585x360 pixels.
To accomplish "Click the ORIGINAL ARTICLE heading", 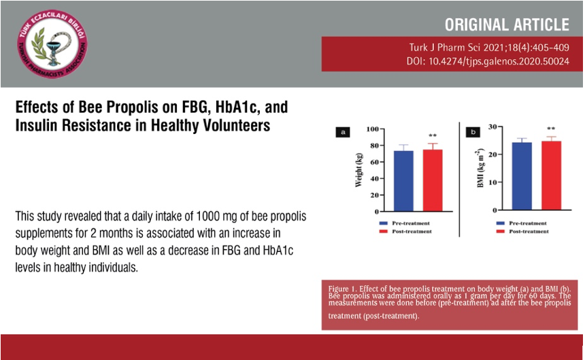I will [x=507, y=25].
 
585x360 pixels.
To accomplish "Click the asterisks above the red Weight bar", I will [x=433, y=136].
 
